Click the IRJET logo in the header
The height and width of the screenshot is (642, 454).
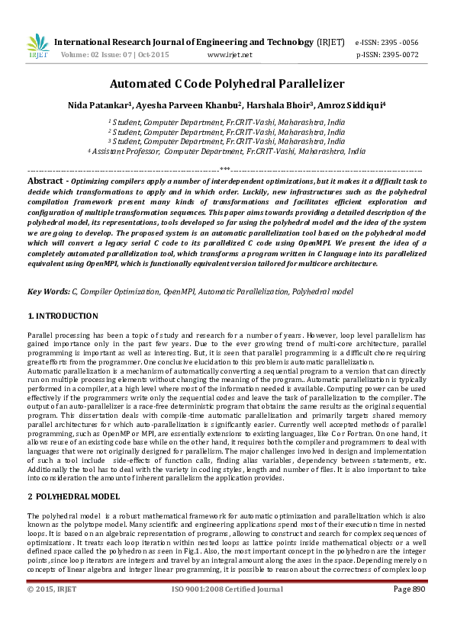click(x=37, y=45)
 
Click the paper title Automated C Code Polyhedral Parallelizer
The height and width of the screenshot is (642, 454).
click(x=227, y=84)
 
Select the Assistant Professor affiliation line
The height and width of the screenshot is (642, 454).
click(x=227, y=152)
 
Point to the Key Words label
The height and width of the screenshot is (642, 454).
click(x=47, y=291)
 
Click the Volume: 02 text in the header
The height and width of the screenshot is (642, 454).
click(x=79, y=55)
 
